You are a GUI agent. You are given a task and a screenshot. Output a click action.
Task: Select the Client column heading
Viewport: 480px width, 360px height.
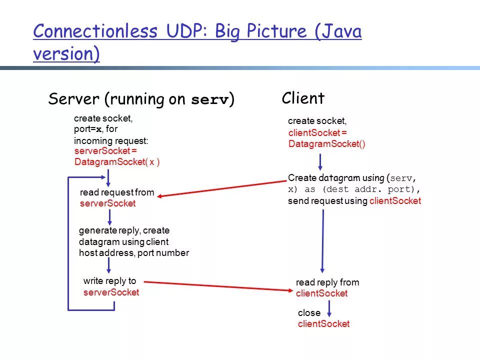click(303, 98)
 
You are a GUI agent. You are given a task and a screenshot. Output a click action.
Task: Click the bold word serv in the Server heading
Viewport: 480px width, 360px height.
click(210, 100)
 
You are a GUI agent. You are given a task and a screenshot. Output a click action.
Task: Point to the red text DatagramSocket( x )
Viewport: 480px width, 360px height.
click(117, 162)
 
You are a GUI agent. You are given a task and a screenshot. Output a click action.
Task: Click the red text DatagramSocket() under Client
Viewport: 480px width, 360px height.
click(327, 144)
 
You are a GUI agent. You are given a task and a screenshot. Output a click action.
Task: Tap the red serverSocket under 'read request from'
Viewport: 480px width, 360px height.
click(107, 204)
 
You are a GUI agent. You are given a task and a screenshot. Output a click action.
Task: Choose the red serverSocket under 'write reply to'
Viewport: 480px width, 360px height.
click(111, 292)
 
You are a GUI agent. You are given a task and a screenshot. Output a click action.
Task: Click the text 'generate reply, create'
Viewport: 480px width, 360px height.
click(124, 230)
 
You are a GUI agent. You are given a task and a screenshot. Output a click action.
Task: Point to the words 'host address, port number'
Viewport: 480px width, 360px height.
click(134, 253)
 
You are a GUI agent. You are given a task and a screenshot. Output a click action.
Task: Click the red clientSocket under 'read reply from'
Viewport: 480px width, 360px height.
click(321, 293)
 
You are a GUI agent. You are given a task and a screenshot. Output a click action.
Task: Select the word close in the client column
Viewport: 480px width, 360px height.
click(309, 313)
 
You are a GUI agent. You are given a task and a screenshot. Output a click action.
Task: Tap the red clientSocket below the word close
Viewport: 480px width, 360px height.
click(323, 324)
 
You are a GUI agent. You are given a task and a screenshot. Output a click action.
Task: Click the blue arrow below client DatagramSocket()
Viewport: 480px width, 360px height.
click(320, 161)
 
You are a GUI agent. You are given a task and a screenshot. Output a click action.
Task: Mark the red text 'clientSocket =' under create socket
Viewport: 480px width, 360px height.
click(317, 133)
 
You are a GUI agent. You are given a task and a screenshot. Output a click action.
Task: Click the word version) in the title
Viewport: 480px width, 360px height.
click(66, 53)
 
